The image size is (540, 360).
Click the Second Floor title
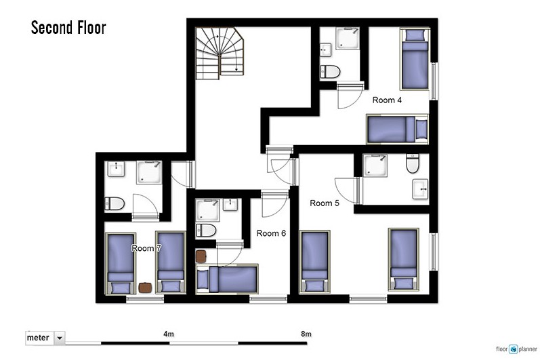[x=68, y=28]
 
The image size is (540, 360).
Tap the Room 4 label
[x=387, y=100]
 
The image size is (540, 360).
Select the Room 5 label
[x=325, y=203]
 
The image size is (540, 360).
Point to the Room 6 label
[x=271, y=233]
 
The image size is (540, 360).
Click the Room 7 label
[x=146, y=248]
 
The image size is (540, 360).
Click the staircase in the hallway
[x=220, y=53]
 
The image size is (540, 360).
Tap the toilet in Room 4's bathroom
[x=330, y=72]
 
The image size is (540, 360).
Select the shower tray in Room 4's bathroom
[x=348, y=38]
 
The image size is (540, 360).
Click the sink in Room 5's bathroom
[x=420, y=189]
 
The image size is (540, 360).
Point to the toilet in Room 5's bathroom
[x=413, y=163]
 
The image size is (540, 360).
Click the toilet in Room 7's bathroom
[x=115, y=203]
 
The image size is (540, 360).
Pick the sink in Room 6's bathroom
[x=230, y=204]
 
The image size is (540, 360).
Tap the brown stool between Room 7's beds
[x=145, y=287]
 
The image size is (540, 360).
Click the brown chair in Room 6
[x=201, y=256]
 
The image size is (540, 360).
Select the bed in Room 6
[x=227, y=279]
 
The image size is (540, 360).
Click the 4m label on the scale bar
[x=169, y=334]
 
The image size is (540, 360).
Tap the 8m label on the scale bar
[x=306, y=334]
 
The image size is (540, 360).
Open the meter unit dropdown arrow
[x=60, y=338]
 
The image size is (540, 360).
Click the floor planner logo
[x=516, y=349]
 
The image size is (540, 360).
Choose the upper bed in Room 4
[x=415, y=59]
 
